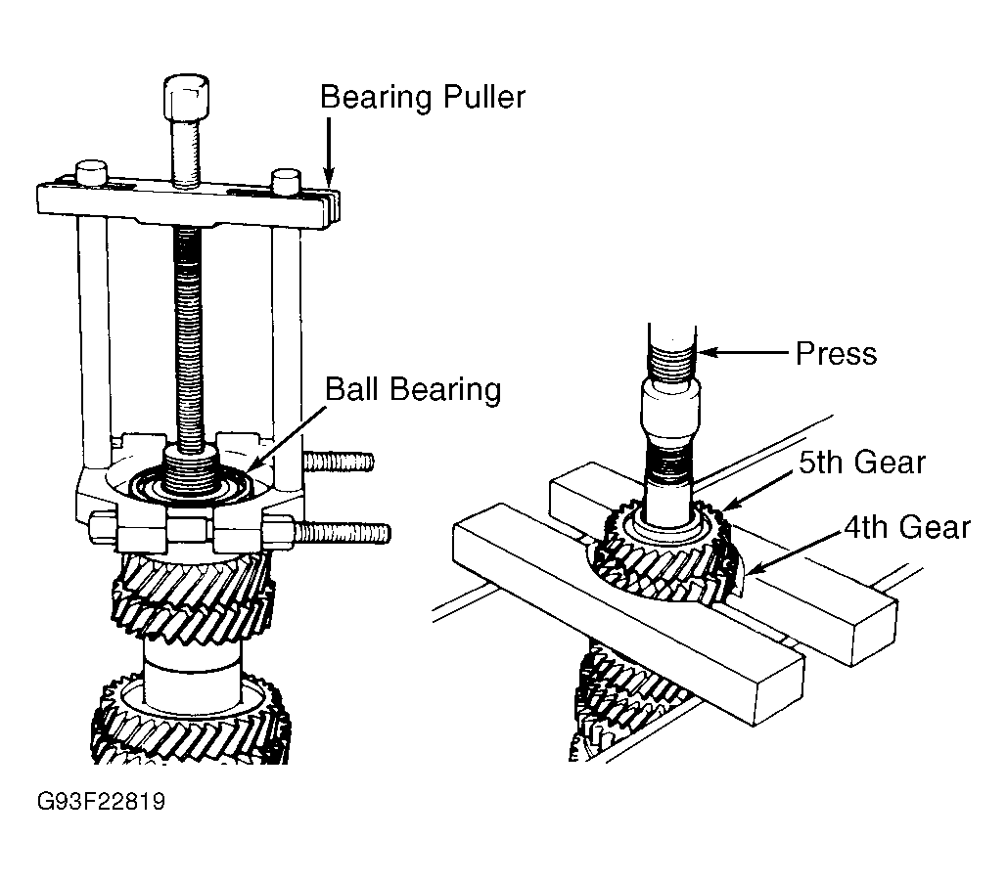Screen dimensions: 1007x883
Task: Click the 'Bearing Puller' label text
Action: [423, 98]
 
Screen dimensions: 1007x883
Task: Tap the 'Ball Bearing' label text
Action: [413, 389]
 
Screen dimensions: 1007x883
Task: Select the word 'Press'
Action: [836, 354]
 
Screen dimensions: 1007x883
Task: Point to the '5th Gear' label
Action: [862, 462]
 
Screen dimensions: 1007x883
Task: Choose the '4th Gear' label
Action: [907, 527]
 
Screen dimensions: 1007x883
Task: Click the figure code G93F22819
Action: [101, 802]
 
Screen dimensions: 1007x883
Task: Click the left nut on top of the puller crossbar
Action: [92, 173]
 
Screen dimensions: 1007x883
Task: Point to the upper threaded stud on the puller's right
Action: [338, 462]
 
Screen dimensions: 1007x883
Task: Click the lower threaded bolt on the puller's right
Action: [342, 533]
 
